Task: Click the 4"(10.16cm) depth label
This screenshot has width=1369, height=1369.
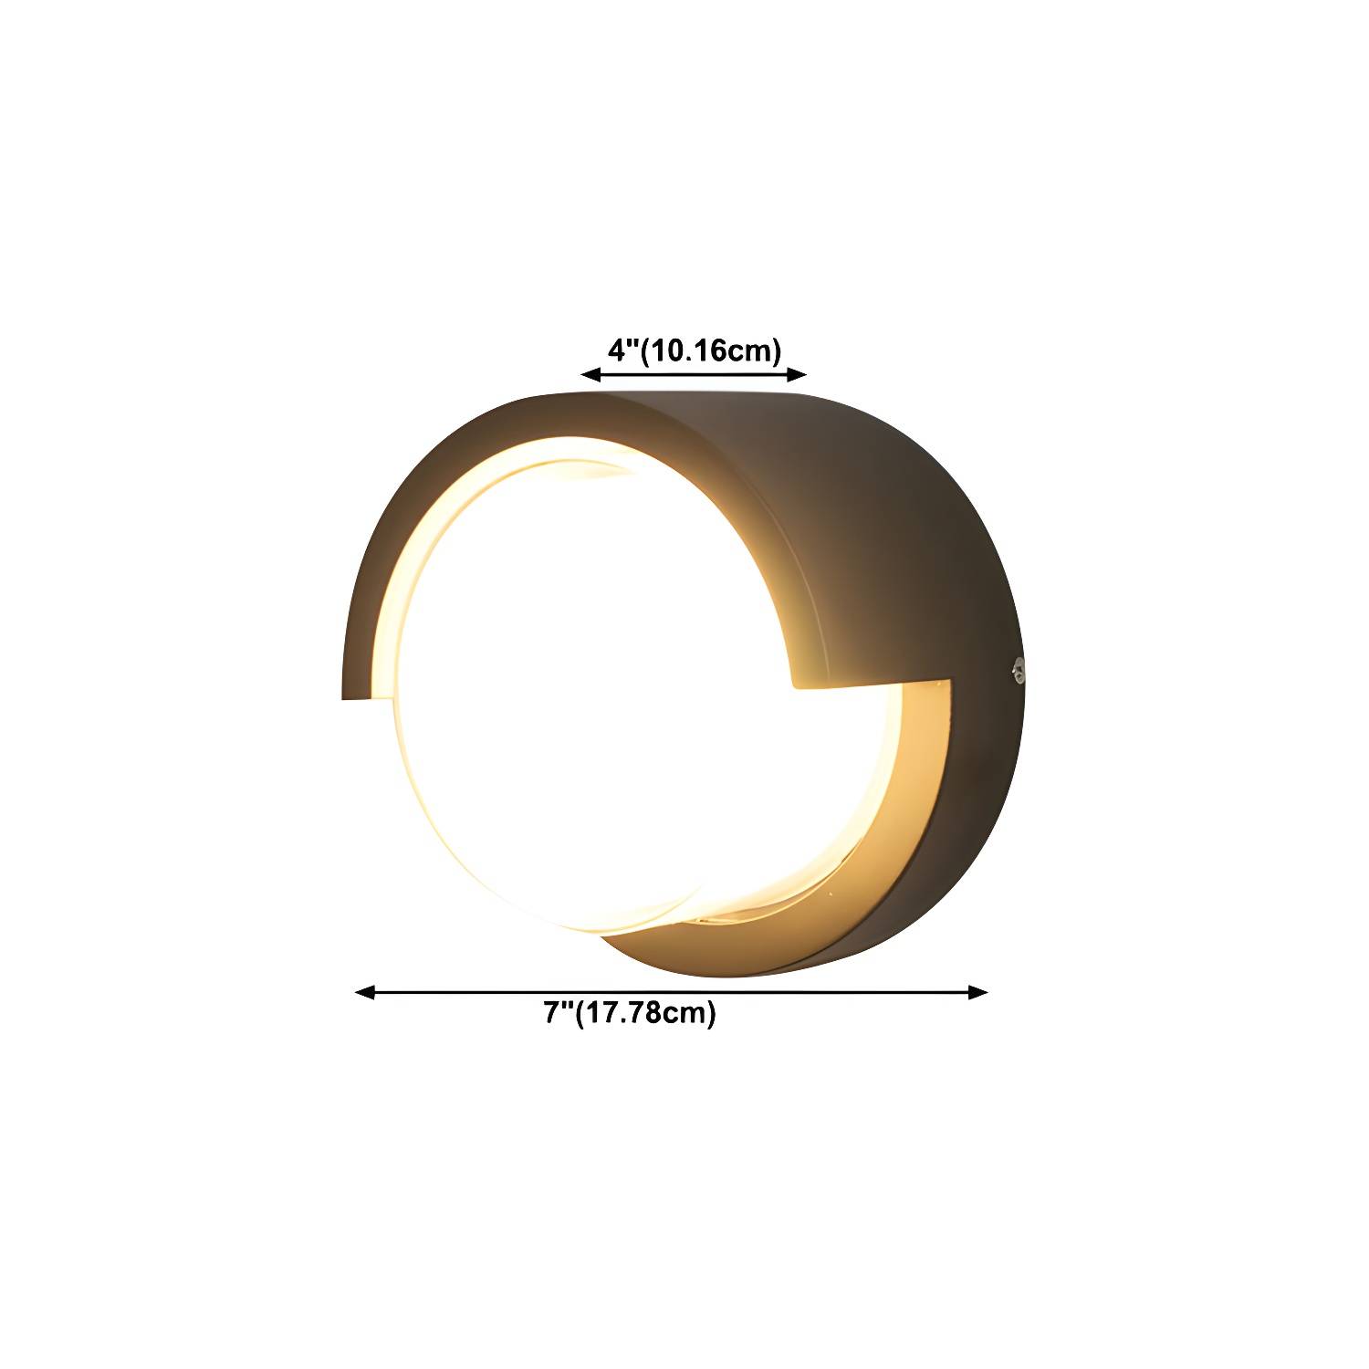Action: pyautogui.click(x=695, y=350)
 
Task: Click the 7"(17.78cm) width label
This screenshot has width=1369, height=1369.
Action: pyautogui.click(x=631, y=1013)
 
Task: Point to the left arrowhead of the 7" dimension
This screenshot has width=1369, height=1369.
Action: pyautogui.click(x=365, y=992)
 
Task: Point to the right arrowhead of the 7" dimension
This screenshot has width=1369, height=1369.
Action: pyautogui.click(x=977, y=992)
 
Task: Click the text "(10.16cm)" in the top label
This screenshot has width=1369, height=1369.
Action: pyautogui.click(x=711, y=350)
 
